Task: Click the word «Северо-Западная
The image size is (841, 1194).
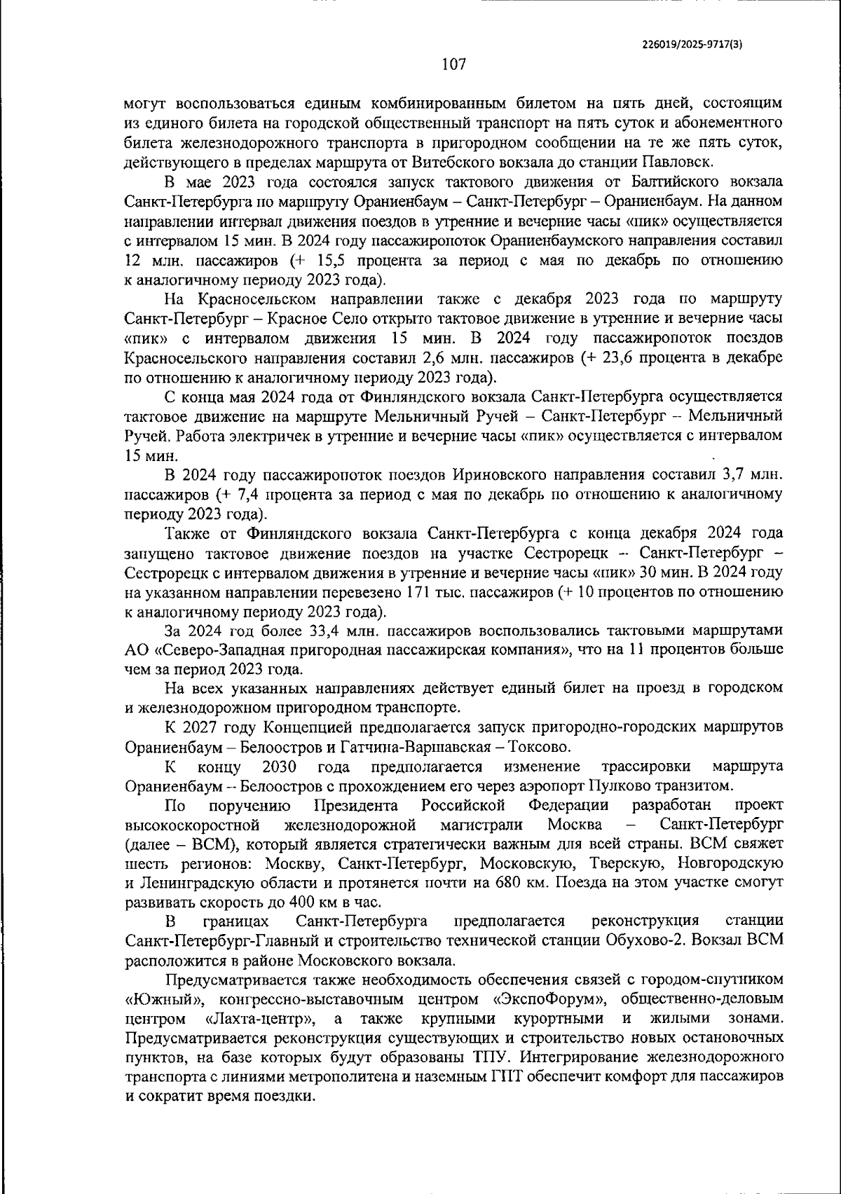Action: click(220, 649)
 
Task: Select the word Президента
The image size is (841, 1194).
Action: click(357, 804)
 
